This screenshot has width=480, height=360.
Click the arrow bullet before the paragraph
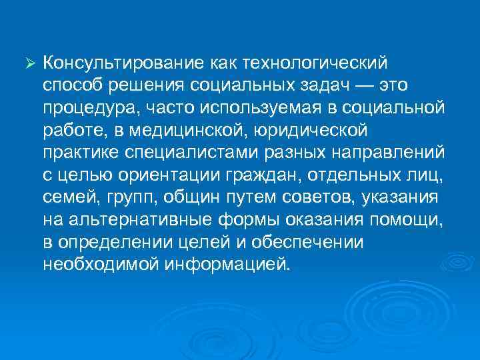tap(28, 64)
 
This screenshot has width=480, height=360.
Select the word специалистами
tap(189, 152)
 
